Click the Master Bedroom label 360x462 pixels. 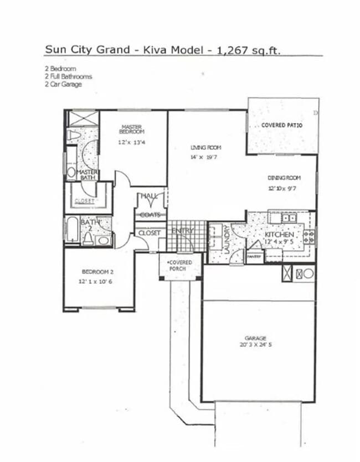click(x=132, y=129)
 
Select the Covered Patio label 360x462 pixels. click(x=282, y=126)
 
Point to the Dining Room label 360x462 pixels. click(x=284, y=178)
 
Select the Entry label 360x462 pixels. click(x=182, y=231)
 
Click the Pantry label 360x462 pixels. click(x=254, y=256)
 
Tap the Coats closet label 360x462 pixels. click(x=150, y=215)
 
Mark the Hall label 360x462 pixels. click(x=149, y=196)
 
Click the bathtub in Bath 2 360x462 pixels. click(x=72, y=229)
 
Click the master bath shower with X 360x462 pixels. click(x=83, y=118)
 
